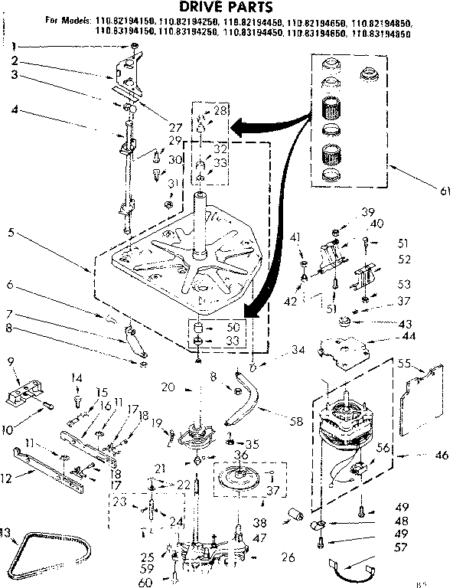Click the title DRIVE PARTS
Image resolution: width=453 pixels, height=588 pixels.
point(226,8)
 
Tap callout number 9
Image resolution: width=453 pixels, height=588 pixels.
point(11,361)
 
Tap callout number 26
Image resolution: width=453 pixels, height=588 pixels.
point(288,557)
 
